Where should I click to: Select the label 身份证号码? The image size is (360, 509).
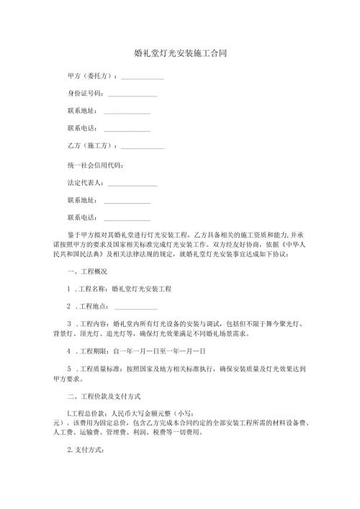click(85, 94)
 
